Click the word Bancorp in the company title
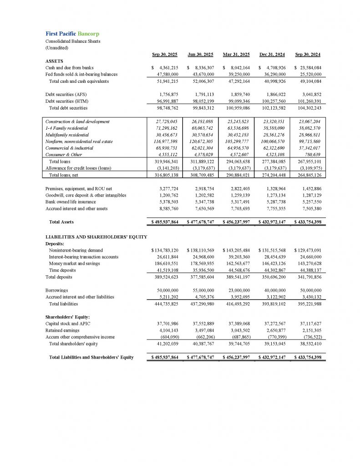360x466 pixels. point(88,34)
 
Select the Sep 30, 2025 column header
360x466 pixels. point(165,55)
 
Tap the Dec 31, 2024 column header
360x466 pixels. point(272,55)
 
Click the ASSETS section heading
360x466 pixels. point(54,61)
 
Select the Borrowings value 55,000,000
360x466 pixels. point(200,290)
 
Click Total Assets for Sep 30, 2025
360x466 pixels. point(165,222)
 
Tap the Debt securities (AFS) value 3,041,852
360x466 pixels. point(309,94)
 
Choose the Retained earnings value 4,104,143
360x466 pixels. point(166,330)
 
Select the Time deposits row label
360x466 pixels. point(62,270)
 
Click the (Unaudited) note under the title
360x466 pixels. point(56,47)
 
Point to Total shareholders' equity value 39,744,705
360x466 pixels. point(237,344)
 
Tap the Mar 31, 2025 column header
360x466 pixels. point(236,55)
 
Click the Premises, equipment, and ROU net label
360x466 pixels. point(78,188)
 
